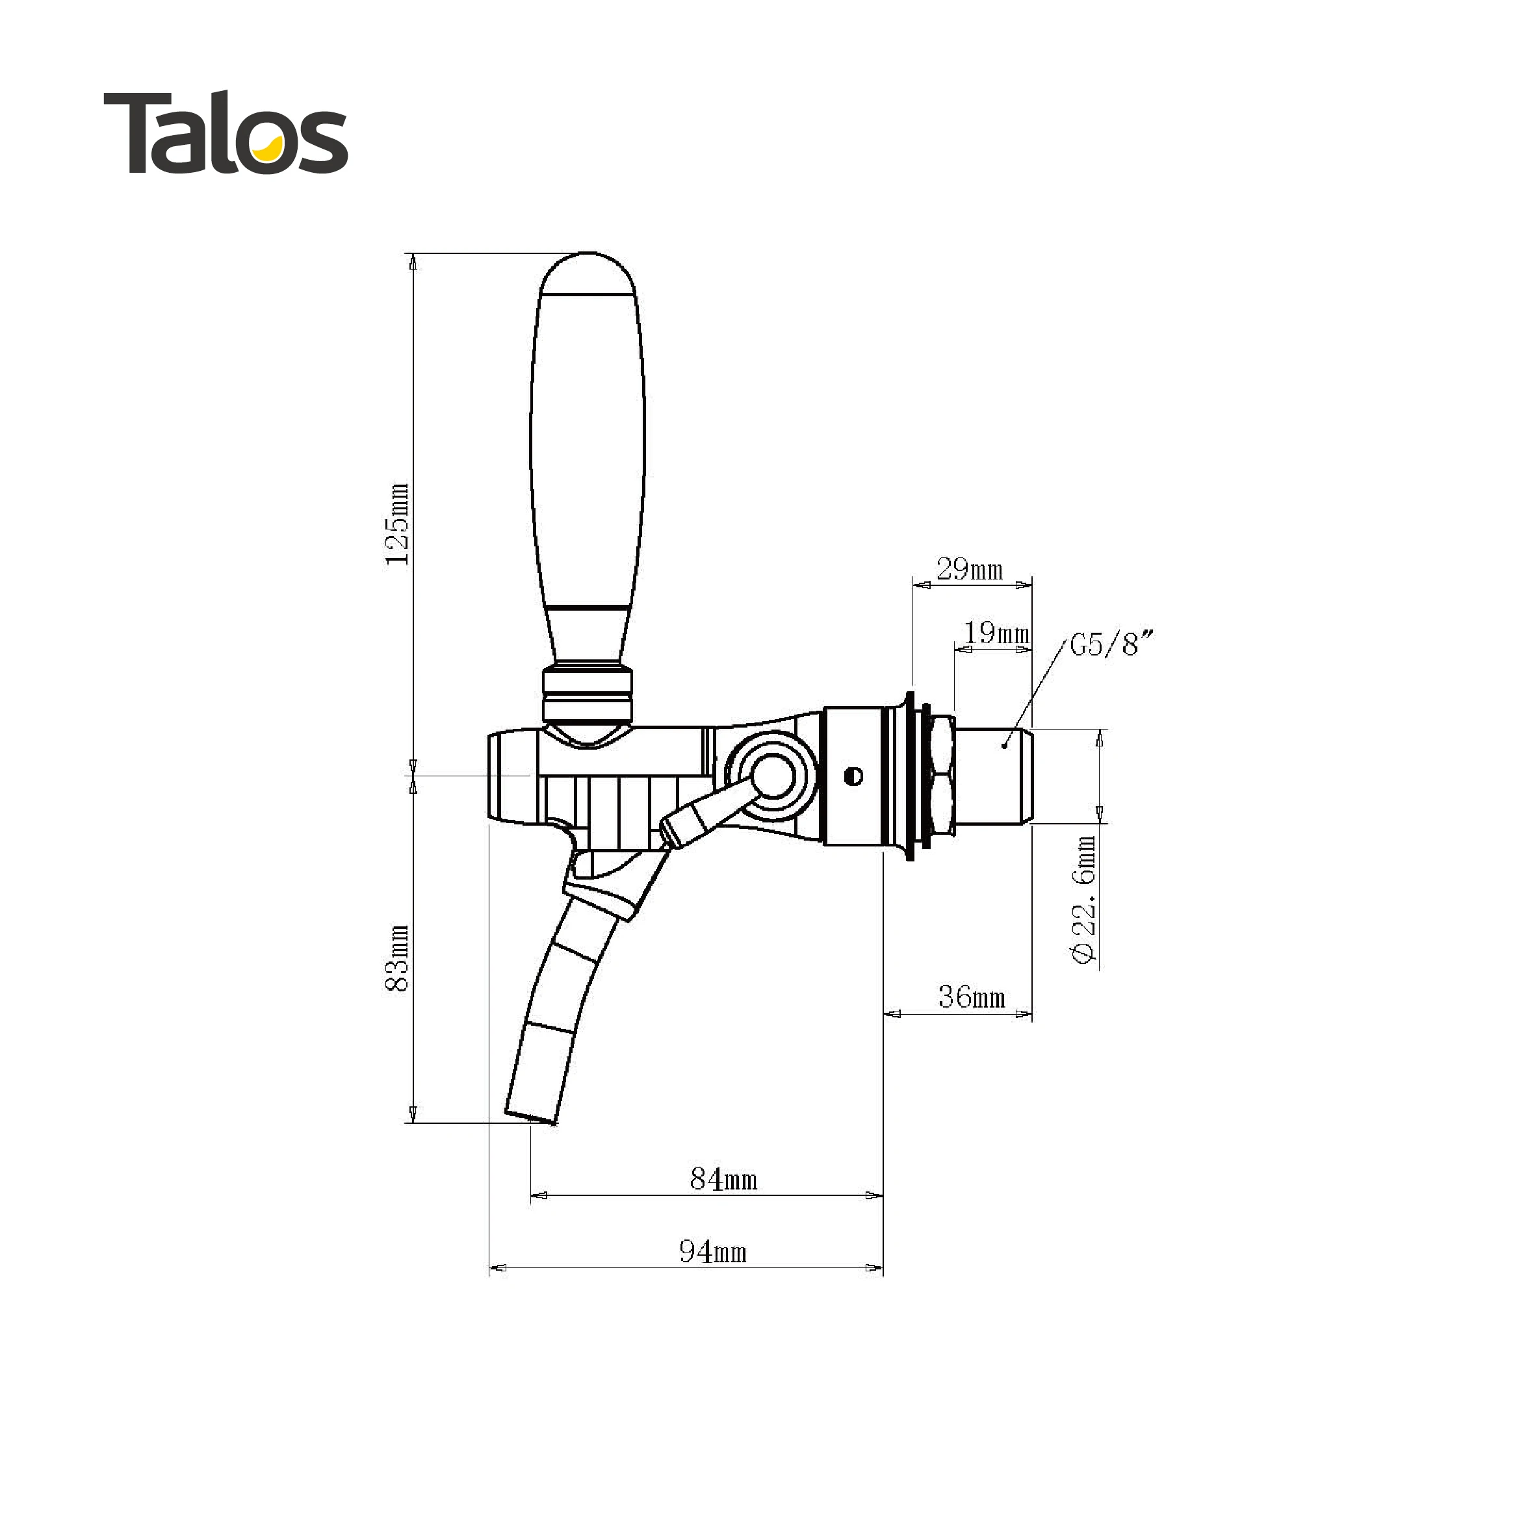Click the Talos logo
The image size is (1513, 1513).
[x=226, y=133]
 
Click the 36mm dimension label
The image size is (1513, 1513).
[x=972, y=997]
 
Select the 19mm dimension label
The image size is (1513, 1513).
[x=996, y=633]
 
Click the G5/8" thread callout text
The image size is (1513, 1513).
[x=1112, y=644]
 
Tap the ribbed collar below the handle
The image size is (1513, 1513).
[x=588, y=694]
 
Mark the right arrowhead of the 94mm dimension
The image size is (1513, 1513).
[x=873, y=1268]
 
